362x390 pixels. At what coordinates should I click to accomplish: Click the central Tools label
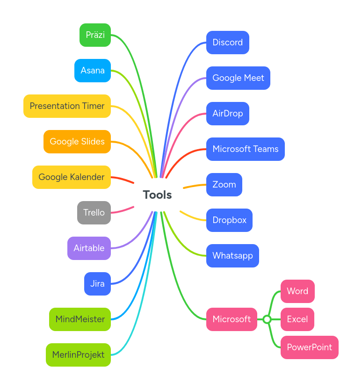point(157,195)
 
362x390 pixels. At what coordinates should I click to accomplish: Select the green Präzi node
point(95,35)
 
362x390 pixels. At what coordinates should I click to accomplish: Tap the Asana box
point(93,71)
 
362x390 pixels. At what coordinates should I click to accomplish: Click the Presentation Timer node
point(67,106)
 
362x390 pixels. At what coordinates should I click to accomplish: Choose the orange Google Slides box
point(77,142)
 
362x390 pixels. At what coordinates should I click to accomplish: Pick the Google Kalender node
point(72,177)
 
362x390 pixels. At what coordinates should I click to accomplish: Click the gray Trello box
point(94,213)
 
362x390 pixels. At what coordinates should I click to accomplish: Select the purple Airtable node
point(89,248)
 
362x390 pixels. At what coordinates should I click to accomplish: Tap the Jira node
point(97,284)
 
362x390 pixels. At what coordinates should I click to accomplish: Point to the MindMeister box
point(80,319)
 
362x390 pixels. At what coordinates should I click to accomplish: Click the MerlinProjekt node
point(78,355)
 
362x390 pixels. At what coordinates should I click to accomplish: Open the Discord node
point(227,43)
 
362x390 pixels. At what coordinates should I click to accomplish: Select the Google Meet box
point(238,78)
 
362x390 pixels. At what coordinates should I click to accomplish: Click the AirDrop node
point(227,114)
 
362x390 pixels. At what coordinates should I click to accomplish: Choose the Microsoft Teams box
point(245,149)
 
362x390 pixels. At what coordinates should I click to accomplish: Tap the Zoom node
point(224,185)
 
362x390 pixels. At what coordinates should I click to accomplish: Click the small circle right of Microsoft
point(267,319)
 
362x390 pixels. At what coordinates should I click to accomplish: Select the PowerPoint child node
point(309,347)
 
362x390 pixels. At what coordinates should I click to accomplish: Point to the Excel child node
point(297,319)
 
